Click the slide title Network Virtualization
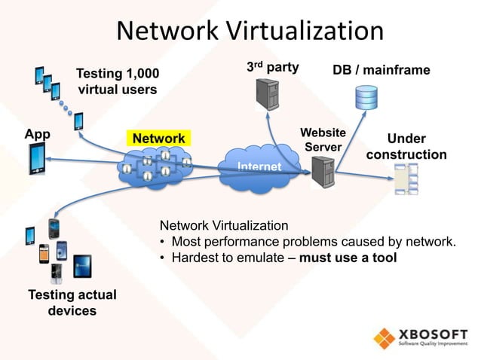[250, 31]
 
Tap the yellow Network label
[159, 139]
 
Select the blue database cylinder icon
[366, 97]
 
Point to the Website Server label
[323, 139]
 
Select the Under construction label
[406, 147]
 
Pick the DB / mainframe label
[381, 70]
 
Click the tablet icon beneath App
[38, 160]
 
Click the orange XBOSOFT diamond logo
[384, 337]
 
